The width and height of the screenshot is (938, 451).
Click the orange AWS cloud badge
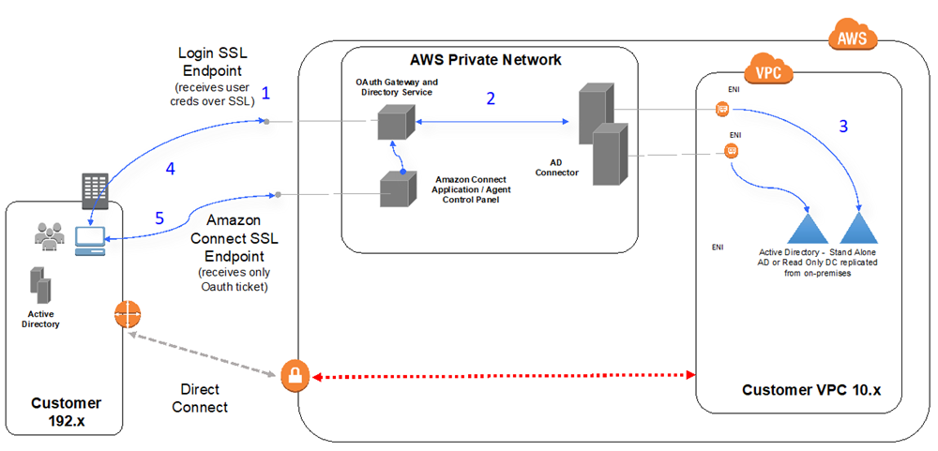[853, 38]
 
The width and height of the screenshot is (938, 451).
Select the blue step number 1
[266, 93]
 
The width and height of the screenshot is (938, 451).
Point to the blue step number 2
[490, 98]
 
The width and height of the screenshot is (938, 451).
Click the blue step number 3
[843, 126]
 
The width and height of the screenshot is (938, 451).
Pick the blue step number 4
[170, 169]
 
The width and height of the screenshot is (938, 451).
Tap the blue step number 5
[159, 218]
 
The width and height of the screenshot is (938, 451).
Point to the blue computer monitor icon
[92, 239]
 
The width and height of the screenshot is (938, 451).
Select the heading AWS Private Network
[486, 60]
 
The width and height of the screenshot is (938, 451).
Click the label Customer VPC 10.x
[811, 389]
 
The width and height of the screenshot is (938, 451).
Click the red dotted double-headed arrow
[502, 375]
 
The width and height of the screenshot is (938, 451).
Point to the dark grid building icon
[98, 192]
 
